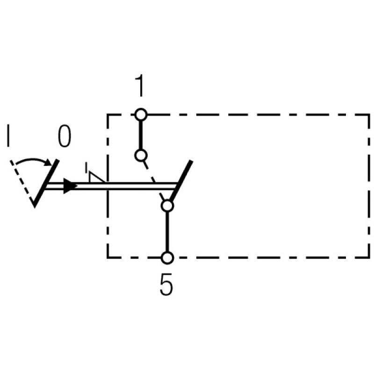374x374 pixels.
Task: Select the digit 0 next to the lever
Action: (65, 137)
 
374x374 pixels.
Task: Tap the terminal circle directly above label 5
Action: (167, 257)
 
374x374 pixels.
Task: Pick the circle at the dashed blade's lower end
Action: (167, 205)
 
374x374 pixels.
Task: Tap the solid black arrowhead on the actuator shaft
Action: (70, 186)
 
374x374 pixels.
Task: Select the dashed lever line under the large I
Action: (22, 182)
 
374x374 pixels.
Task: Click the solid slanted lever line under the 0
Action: (46, 182)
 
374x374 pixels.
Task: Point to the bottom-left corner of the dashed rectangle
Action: (108, 257)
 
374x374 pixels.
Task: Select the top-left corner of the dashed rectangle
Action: (108, 114)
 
